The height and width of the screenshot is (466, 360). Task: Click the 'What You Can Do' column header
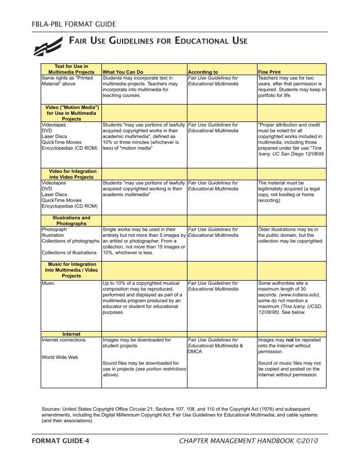[x=123, y=72]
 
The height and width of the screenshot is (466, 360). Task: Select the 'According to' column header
[x=203, y=72]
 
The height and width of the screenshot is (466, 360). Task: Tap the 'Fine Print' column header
[x=269, y=72]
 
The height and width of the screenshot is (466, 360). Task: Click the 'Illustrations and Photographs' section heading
[x=72, y=221]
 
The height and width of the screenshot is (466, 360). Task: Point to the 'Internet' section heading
[x=72, y=334]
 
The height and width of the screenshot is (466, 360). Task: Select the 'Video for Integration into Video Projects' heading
[x=72, y=174]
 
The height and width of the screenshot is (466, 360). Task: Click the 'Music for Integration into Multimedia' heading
[x=72, y=270]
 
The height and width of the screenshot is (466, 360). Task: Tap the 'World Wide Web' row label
[x=60, y=357]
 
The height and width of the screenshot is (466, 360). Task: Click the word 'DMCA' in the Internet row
[x=196, y=352]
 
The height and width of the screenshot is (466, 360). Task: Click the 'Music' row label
[x=48, y=283]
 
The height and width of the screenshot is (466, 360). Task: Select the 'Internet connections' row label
[x=64, y=340]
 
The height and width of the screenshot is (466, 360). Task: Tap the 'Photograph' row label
[x=54, y=229]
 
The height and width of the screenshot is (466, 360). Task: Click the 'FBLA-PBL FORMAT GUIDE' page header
[x=74, y=24]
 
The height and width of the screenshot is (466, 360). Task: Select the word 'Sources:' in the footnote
[x=52, y=409]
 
